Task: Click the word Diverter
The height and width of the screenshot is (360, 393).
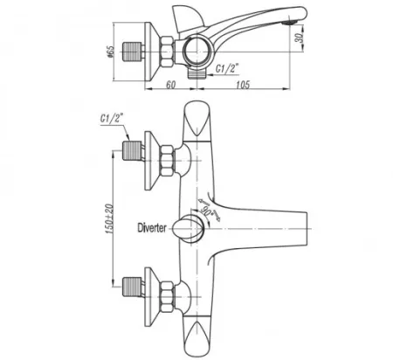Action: coord(152,227)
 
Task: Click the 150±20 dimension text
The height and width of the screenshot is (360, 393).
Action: coord(110,218)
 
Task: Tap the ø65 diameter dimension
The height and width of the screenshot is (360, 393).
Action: coord(110,52)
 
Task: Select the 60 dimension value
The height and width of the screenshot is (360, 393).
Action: coord(171,85)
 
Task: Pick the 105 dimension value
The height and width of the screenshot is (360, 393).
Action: coord(243,85)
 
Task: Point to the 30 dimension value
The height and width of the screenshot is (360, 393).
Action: coord(300,38)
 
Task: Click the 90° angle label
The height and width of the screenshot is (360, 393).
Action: coord(207,211)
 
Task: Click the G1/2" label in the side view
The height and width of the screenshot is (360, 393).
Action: coord(227,69)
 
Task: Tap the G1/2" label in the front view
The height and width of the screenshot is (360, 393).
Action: coord(112,119)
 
